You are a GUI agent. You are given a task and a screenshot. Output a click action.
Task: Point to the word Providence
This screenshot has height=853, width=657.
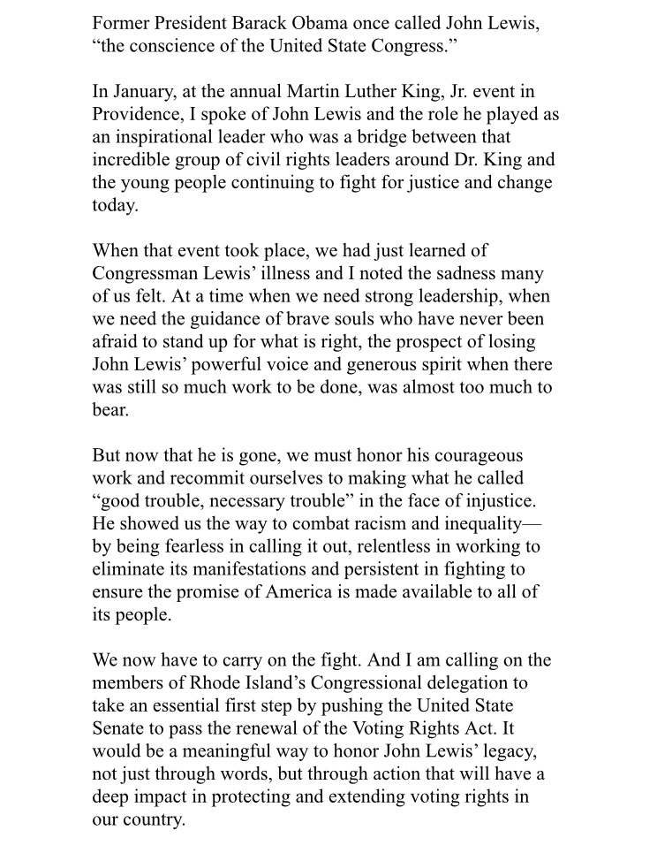pos(139,116)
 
